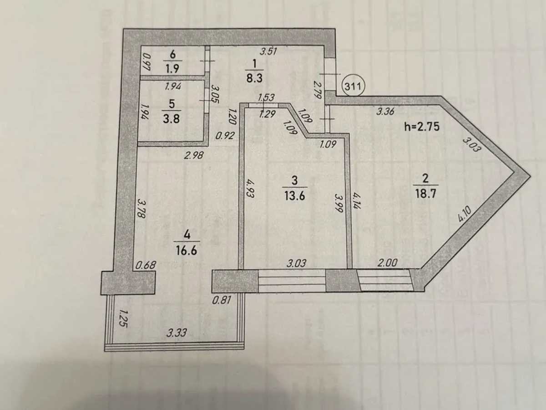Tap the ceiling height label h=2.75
(x=422, y=127)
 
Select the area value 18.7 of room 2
(x=425, y=193)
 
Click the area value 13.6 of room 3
(x=295, y=195)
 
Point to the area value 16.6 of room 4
(x=187, y=251)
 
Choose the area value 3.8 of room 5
(x=171, y=118)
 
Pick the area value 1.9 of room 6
(x=172, y=68)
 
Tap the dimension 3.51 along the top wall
(x=268, y=51)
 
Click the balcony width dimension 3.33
(x=177, y=333)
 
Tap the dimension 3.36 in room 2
(x=385, y=111)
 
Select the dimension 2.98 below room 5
(x=194, y=156)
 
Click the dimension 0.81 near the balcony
(x=222, y=299)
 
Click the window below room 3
(x=292, y=281)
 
